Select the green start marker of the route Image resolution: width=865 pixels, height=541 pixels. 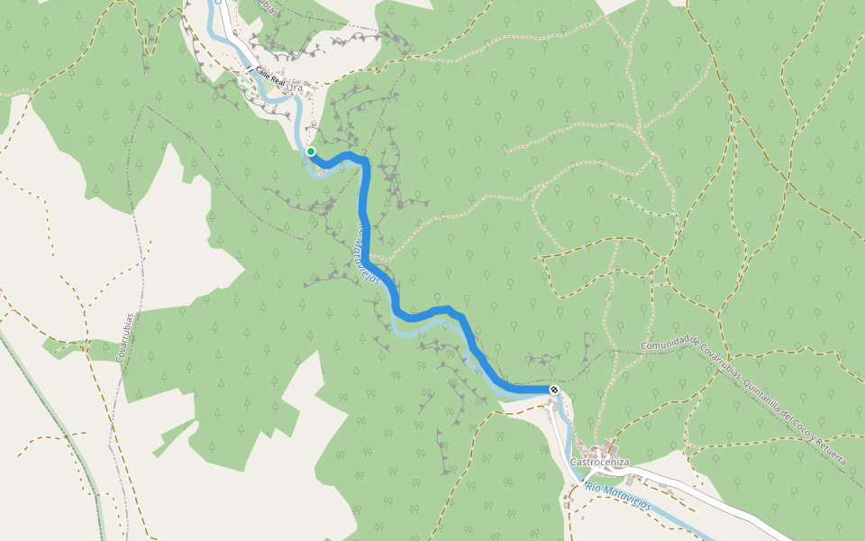(311, 151)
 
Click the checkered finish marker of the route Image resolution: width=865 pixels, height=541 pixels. (554, 390)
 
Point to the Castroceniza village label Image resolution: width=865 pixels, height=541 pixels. (598, 463)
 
